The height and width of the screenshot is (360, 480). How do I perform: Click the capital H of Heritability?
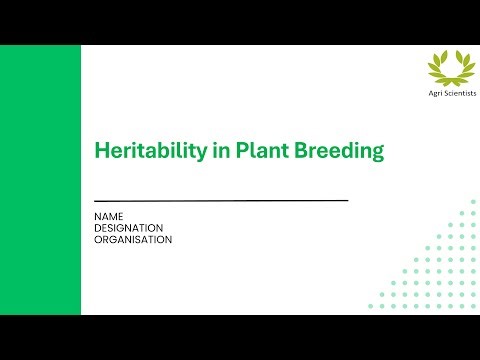(x=101, y=151)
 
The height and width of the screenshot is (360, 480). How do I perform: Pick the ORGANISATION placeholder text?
(x=133, y=240)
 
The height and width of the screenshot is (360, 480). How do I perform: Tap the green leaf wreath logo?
(x=447, y=67)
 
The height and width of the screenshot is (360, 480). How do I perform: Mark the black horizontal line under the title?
(x=221, y=201)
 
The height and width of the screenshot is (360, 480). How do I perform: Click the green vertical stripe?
(x=40, y=180)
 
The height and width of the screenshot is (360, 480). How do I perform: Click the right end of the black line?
(x=346, y=201)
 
